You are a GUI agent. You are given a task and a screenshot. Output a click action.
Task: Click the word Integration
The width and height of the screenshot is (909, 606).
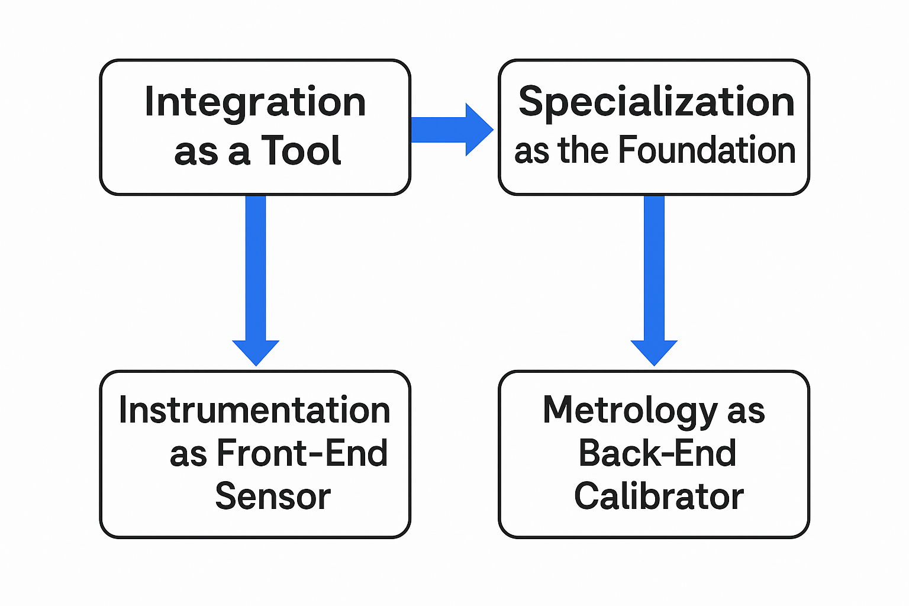click(255, 103)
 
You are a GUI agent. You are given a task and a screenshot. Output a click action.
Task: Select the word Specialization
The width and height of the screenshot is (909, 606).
click(656, 103)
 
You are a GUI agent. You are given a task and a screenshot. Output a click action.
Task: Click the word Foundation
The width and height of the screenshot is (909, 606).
click(707, 150)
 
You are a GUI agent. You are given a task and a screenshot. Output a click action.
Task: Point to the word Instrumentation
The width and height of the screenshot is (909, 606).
click(254, 410)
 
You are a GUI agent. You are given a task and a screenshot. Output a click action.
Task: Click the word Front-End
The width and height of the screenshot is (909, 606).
click(302, 453)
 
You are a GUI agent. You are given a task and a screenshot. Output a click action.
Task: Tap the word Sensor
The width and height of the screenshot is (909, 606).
click(273, 496)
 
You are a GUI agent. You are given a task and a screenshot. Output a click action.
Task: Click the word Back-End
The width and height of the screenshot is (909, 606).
click(657, 453)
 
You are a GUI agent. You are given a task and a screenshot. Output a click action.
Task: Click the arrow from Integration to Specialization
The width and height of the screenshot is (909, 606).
click(452, 130)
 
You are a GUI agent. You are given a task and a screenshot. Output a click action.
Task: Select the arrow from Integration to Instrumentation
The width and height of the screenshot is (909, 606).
click(256, 281)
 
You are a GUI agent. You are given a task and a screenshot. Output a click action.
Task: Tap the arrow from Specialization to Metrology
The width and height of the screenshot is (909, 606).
click(654, 281)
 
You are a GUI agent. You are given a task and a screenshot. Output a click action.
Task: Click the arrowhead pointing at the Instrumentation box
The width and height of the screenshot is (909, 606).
click(256, 353)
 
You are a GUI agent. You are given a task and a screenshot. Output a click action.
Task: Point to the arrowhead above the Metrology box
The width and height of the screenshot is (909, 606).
click(654, 353)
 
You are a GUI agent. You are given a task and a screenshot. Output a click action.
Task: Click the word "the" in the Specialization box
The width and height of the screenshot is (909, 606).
click(584, 150)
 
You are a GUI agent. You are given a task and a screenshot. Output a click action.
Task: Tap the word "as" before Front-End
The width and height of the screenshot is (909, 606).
click(188, 457)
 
